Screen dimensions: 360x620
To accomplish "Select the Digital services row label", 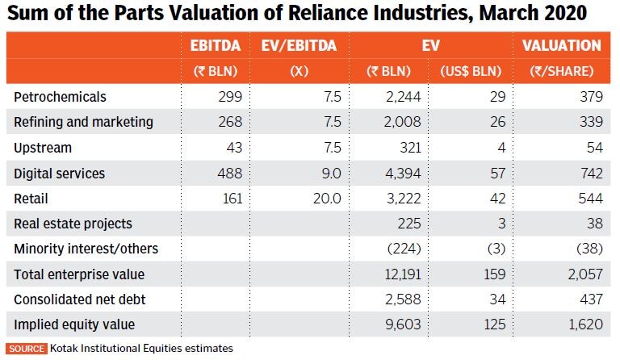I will tap(60, 174).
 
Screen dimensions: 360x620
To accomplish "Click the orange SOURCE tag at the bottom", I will tap(27, 349).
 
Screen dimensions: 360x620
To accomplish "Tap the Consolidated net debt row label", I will tap(74, 299).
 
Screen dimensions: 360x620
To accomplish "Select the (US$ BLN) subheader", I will tap(472, 71).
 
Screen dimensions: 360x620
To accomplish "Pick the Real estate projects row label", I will tap(73, 224).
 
